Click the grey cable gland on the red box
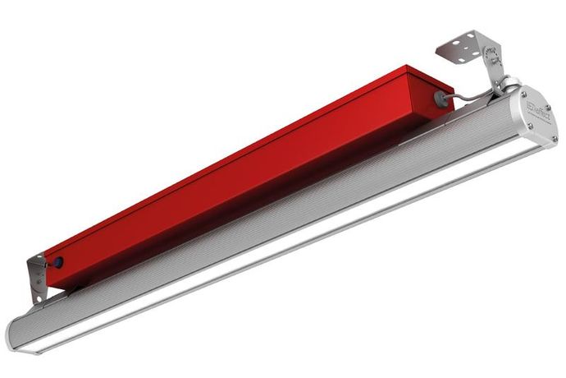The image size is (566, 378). pyautogui.click(x=440, y=97)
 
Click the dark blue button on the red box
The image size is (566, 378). pyautogui.click(x=59, y=263)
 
